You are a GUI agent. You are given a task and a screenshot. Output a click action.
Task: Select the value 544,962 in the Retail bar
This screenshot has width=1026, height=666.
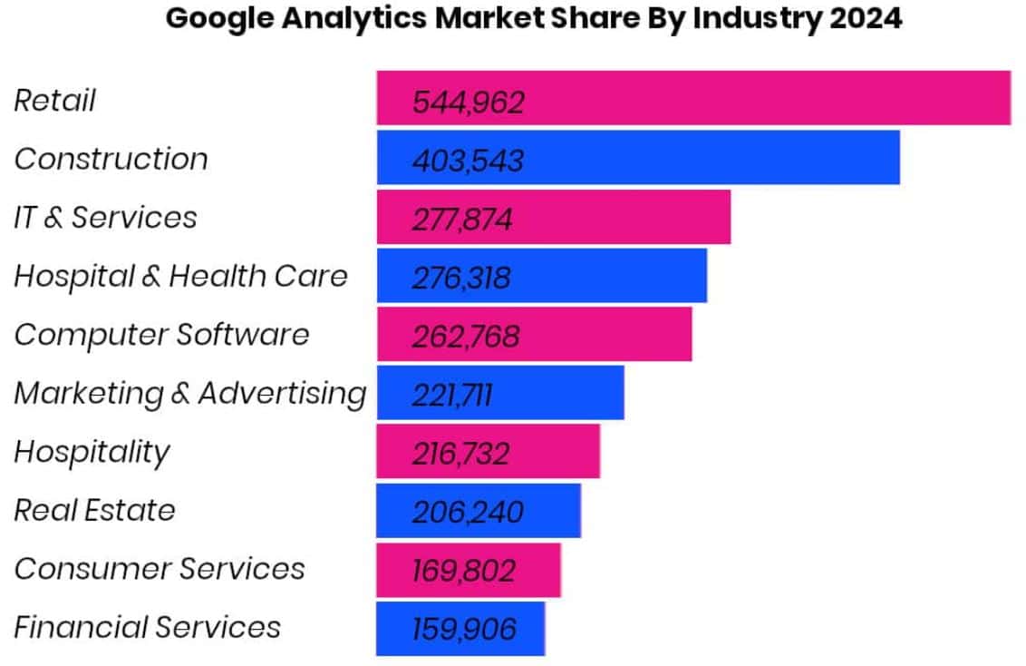click(468, 103)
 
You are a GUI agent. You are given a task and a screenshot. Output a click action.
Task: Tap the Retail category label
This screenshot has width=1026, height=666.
click(54, 100)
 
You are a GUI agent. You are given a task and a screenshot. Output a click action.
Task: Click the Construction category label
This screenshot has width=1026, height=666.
click(111, 159)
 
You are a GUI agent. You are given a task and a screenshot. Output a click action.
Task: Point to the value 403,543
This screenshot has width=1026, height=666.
click(468, 162)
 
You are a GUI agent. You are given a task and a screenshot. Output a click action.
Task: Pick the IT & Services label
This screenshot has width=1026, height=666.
click(105, 218)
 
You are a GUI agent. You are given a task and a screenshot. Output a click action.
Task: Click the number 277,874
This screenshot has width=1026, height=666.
click(462, 220)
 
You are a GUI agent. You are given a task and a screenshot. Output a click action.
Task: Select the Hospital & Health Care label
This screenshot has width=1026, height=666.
click(180, 276)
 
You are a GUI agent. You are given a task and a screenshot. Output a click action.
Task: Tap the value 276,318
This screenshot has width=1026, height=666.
click(461, 279)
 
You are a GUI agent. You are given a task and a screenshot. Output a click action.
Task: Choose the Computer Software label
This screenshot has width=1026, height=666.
click(161, 335)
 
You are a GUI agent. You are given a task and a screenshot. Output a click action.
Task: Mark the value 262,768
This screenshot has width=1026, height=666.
click(466, 337)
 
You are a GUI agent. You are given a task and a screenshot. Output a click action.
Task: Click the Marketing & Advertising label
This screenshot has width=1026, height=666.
click(190, 394)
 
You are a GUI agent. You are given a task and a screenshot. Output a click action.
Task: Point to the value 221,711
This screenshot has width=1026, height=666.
click(452, 396)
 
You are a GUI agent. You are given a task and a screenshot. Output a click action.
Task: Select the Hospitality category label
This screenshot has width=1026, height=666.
click(92, 452)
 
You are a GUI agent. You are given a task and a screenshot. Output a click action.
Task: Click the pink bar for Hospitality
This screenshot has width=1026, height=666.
click(553, 454)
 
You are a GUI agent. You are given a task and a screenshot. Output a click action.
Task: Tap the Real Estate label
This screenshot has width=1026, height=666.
click(94, 510)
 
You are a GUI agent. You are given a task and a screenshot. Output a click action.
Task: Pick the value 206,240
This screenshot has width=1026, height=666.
click(468, 513)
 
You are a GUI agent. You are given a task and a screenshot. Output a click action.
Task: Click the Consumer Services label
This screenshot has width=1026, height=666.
click(160, 569)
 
